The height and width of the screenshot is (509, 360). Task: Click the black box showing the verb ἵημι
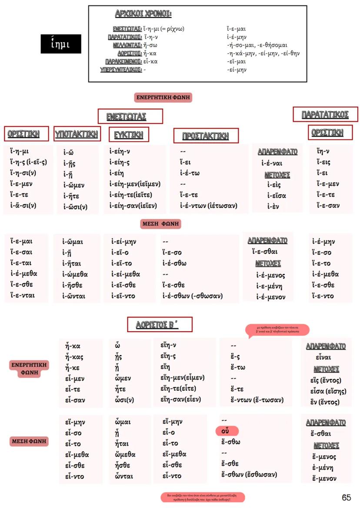coord(60,44)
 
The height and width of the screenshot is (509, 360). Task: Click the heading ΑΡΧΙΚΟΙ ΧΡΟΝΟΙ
coord(143,13)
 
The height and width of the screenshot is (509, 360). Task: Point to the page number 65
coord(346,498)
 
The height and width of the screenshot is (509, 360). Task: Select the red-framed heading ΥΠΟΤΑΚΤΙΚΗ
coord(77,134)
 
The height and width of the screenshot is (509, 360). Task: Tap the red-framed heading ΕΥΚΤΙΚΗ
coord(129,135)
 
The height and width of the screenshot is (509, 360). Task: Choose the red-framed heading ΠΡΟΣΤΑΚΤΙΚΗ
coord(206,136)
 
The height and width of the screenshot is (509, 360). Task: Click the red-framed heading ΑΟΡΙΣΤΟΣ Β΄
coord(160,325)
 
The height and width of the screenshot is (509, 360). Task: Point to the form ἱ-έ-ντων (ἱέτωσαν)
coord(209,205)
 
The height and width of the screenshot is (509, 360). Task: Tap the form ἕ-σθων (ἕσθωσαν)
coord(249,474)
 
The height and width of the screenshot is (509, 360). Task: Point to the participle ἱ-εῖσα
coord(277,195)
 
